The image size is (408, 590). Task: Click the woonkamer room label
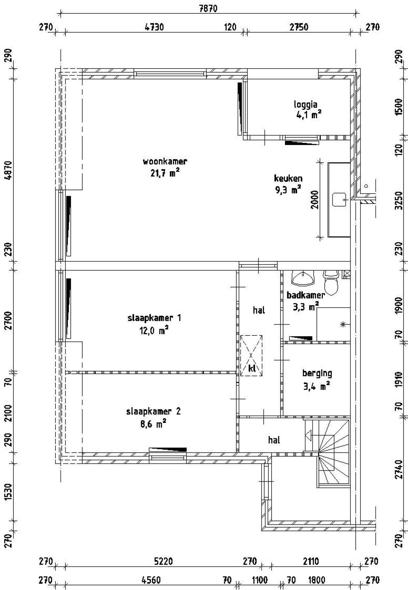click(165, 161)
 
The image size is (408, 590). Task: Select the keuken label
click(288, 178)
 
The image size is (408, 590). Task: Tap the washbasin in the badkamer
click(302, 278)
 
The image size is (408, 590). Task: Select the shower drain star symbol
click(343, 325)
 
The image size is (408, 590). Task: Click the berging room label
click(317, 373)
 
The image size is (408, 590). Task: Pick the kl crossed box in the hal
click(251, 356)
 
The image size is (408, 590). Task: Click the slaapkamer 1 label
click(154, 318)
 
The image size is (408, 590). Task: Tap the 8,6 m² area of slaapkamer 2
click(153, 424)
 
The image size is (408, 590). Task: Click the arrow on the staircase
click(308, 434)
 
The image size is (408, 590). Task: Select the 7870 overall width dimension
click(208, 9)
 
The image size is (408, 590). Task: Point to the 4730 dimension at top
click(154, 27)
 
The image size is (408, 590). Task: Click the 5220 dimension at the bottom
click(163, 561)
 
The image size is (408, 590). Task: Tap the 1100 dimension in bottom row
click(259, 580)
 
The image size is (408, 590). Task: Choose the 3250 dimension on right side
click(398, 200)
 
